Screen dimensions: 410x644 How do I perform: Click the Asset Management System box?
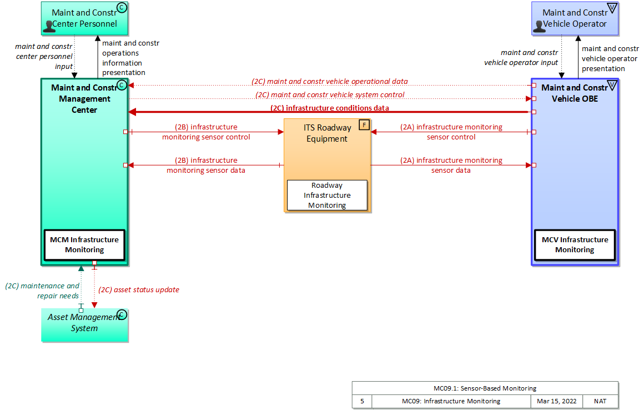(x=84, y=324)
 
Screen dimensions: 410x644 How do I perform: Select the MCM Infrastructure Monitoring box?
(x=84, y=244)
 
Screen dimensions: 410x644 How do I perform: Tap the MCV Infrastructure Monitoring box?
(x=575, y=244)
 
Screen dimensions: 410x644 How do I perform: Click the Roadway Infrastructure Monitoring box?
(x=327, y=195)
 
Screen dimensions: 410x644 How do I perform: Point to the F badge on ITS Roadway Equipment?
(x=364, y=124)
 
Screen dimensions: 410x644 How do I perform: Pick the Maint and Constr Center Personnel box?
(x=84, y=18)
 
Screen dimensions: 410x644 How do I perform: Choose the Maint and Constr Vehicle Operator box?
(x=575, y=18)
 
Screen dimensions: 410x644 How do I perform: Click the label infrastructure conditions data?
(x=329, y=108)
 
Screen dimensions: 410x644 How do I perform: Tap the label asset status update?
(x=139, y=289)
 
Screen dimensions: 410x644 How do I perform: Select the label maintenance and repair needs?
(x=43, y=291)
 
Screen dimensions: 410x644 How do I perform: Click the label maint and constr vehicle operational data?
(x=330, y=81)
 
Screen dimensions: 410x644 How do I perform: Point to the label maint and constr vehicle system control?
(x=330, y=94)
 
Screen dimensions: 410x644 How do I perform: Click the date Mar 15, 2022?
(x=557, y=401)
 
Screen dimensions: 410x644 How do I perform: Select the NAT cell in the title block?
(x=600, y=401)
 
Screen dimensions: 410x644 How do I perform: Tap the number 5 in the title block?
(x=362, y=401)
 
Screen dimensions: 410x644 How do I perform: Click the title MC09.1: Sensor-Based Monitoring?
(x=485, y=388)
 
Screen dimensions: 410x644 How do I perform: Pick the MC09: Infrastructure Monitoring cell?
(x=451, y=401)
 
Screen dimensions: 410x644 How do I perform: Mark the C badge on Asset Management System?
(x=122, y=314)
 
